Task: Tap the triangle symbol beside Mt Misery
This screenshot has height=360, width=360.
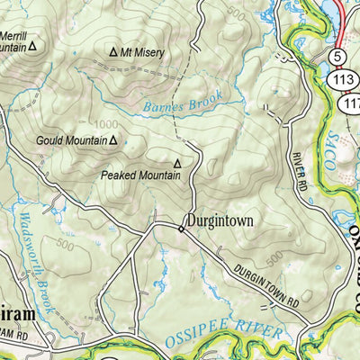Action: [x=113, y=53]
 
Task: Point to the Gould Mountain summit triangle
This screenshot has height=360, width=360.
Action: [x=114, y=140]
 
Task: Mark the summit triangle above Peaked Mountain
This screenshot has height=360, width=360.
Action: [x=178, y=163]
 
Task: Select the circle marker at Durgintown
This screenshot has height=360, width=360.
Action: [x=181, y=229]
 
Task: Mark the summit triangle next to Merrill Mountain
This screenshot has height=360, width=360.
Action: [x=33, y=44]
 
